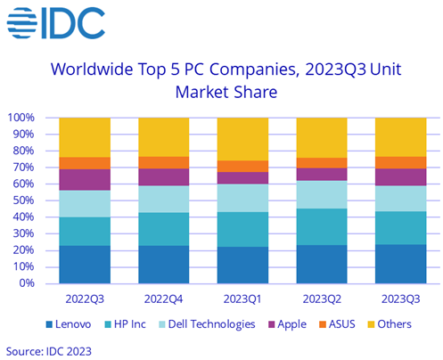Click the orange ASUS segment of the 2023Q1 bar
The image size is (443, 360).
tap(242, 166)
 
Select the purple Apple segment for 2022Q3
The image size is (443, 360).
tap(85, 179)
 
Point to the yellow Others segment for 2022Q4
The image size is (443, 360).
tap(163, 136)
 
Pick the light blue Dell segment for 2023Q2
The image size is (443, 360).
tap(321, 194)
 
